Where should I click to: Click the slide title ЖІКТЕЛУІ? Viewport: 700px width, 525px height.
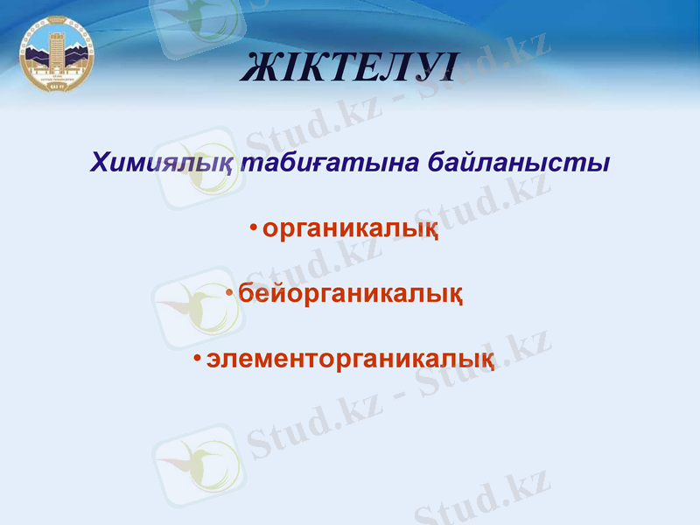click(x=349, y=69)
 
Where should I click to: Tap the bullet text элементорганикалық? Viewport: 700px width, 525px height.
click(x=350, y=359)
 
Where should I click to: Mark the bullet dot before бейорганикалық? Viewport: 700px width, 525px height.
click(x=228, y=291)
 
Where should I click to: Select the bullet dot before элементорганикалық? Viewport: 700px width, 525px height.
click(x=198, y=357)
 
